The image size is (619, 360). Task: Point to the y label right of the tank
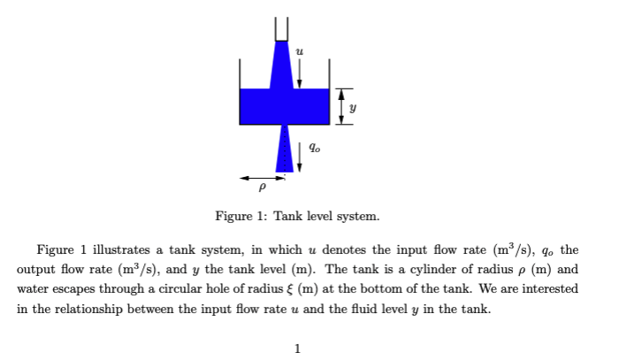(356, 108)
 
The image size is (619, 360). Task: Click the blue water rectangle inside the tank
(261, 106)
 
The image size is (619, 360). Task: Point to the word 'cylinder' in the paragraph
(447, 270)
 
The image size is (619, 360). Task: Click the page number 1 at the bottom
(298, 348)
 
